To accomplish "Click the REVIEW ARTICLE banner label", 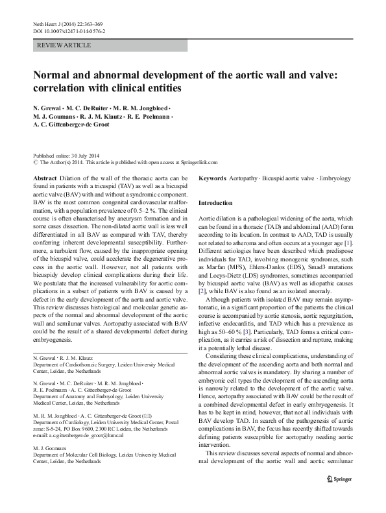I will tap(65, 45).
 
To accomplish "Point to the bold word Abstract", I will tap(44, 178).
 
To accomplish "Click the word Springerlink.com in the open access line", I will tap(199, 163).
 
